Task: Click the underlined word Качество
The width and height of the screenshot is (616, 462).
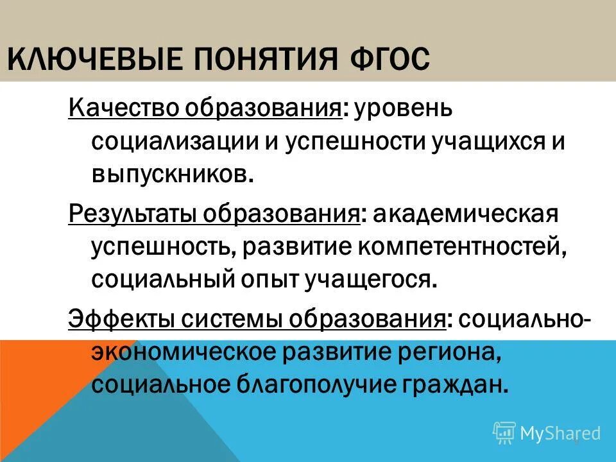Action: (x=122, y=108)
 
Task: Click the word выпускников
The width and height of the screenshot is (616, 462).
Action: (x=169, y=175)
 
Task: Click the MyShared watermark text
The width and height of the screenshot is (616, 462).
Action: (x=560, y=433)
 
